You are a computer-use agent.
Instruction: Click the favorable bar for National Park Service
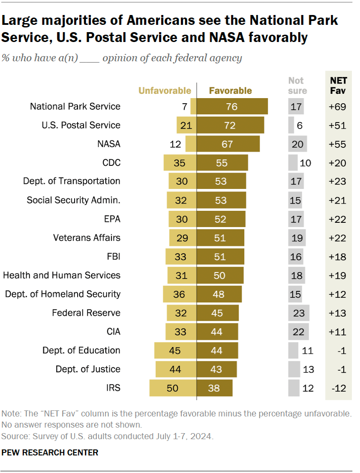tap(232, 106)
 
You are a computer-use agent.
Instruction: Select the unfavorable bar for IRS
tap(173, 388)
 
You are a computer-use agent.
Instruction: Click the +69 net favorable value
tap(337, 107)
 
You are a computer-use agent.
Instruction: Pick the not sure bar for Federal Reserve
tap(298, 313)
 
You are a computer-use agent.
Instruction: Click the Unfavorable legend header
tap(164, 90)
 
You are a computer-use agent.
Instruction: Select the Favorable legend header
tap(230, 90)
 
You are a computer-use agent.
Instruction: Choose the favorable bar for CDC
tap(222, 163)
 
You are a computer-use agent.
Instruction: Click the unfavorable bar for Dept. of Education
tap(175, 350)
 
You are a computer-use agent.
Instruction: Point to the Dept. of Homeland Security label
tap(63, 294)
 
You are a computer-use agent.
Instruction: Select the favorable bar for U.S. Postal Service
tap(230, 125)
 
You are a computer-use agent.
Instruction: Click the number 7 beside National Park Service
tap(185, 107)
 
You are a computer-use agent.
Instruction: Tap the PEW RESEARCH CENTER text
tap(50, 452)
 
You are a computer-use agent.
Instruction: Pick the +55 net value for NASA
tap(337, 144)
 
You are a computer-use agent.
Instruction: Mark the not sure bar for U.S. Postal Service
tap(291, 125)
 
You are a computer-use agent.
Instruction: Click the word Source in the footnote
tap(13, 437)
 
